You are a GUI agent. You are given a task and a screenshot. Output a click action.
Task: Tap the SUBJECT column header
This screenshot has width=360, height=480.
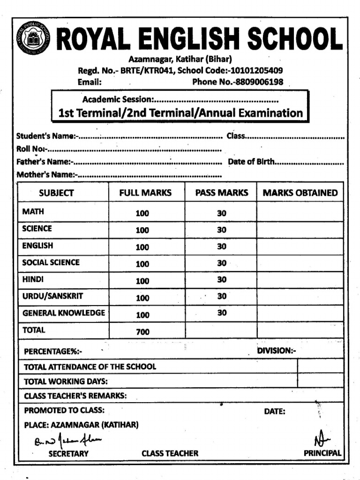56,193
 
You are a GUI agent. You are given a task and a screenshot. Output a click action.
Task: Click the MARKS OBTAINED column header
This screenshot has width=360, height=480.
300,193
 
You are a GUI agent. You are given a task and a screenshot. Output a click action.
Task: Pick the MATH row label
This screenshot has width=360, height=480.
33,211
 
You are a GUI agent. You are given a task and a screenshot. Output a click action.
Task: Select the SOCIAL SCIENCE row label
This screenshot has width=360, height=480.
51,262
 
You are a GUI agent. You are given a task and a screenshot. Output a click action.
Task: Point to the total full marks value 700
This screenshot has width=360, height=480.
142,332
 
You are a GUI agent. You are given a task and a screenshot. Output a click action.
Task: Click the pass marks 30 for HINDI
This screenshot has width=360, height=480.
222,280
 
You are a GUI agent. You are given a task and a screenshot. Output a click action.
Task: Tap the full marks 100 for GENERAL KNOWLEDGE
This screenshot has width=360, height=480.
142,315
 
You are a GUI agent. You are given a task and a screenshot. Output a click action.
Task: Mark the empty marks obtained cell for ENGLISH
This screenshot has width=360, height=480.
300,246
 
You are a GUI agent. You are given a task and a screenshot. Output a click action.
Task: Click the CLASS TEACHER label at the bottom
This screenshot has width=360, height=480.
170,453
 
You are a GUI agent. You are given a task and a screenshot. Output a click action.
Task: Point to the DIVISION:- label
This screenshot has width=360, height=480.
277,350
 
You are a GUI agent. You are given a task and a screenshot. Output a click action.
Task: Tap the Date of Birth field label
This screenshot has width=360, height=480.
251,162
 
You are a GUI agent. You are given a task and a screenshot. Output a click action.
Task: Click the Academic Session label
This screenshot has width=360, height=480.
118,99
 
